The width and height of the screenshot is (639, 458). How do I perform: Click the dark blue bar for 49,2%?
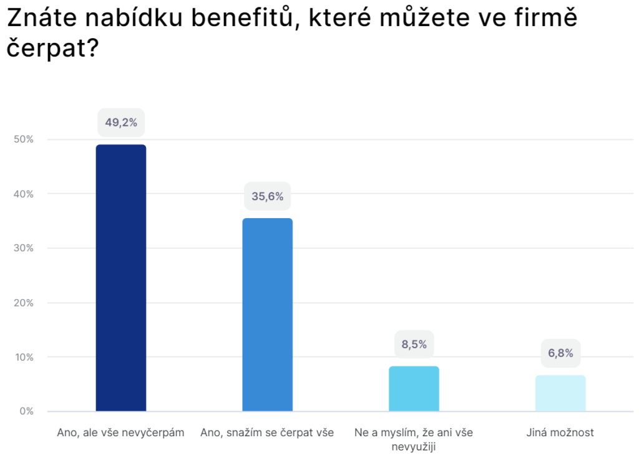(120, 278)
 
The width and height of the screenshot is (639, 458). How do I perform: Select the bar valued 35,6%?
(267, 315)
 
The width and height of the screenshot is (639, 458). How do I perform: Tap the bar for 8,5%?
(414, 389)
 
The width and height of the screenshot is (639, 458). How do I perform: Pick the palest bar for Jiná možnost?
(560, 393)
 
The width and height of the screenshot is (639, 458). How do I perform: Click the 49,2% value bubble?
(121, 123)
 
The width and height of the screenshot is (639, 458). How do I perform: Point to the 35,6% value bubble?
(267, 197)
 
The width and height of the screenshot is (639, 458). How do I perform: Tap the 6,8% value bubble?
(560, 353)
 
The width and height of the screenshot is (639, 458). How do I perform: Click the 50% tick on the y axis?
(23, 140)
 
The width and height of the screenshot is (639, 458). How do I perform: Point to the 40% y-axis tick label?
(23, 194)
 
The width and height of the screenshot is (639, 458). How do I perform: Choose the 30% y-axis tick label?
(23, 248)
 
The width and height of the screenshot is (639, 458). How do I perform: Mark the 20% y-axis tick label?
(23, 303)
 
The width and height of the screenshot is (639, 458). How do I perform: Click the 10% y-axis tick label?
(23, 357)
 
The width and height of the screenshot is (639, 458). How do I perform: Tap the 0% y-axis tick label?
(26, 411)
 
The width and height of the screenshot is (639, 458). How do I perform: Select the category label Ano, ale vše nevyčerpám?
(120, 432)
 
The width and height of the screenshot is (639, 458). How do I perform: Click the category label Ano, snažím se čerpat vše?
(267, 432)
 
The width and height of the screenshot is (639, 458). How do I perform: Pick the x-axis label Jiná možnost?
(560, 432)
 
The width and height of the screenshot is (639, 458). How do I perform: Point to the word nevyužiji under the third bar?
(414, 447)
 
